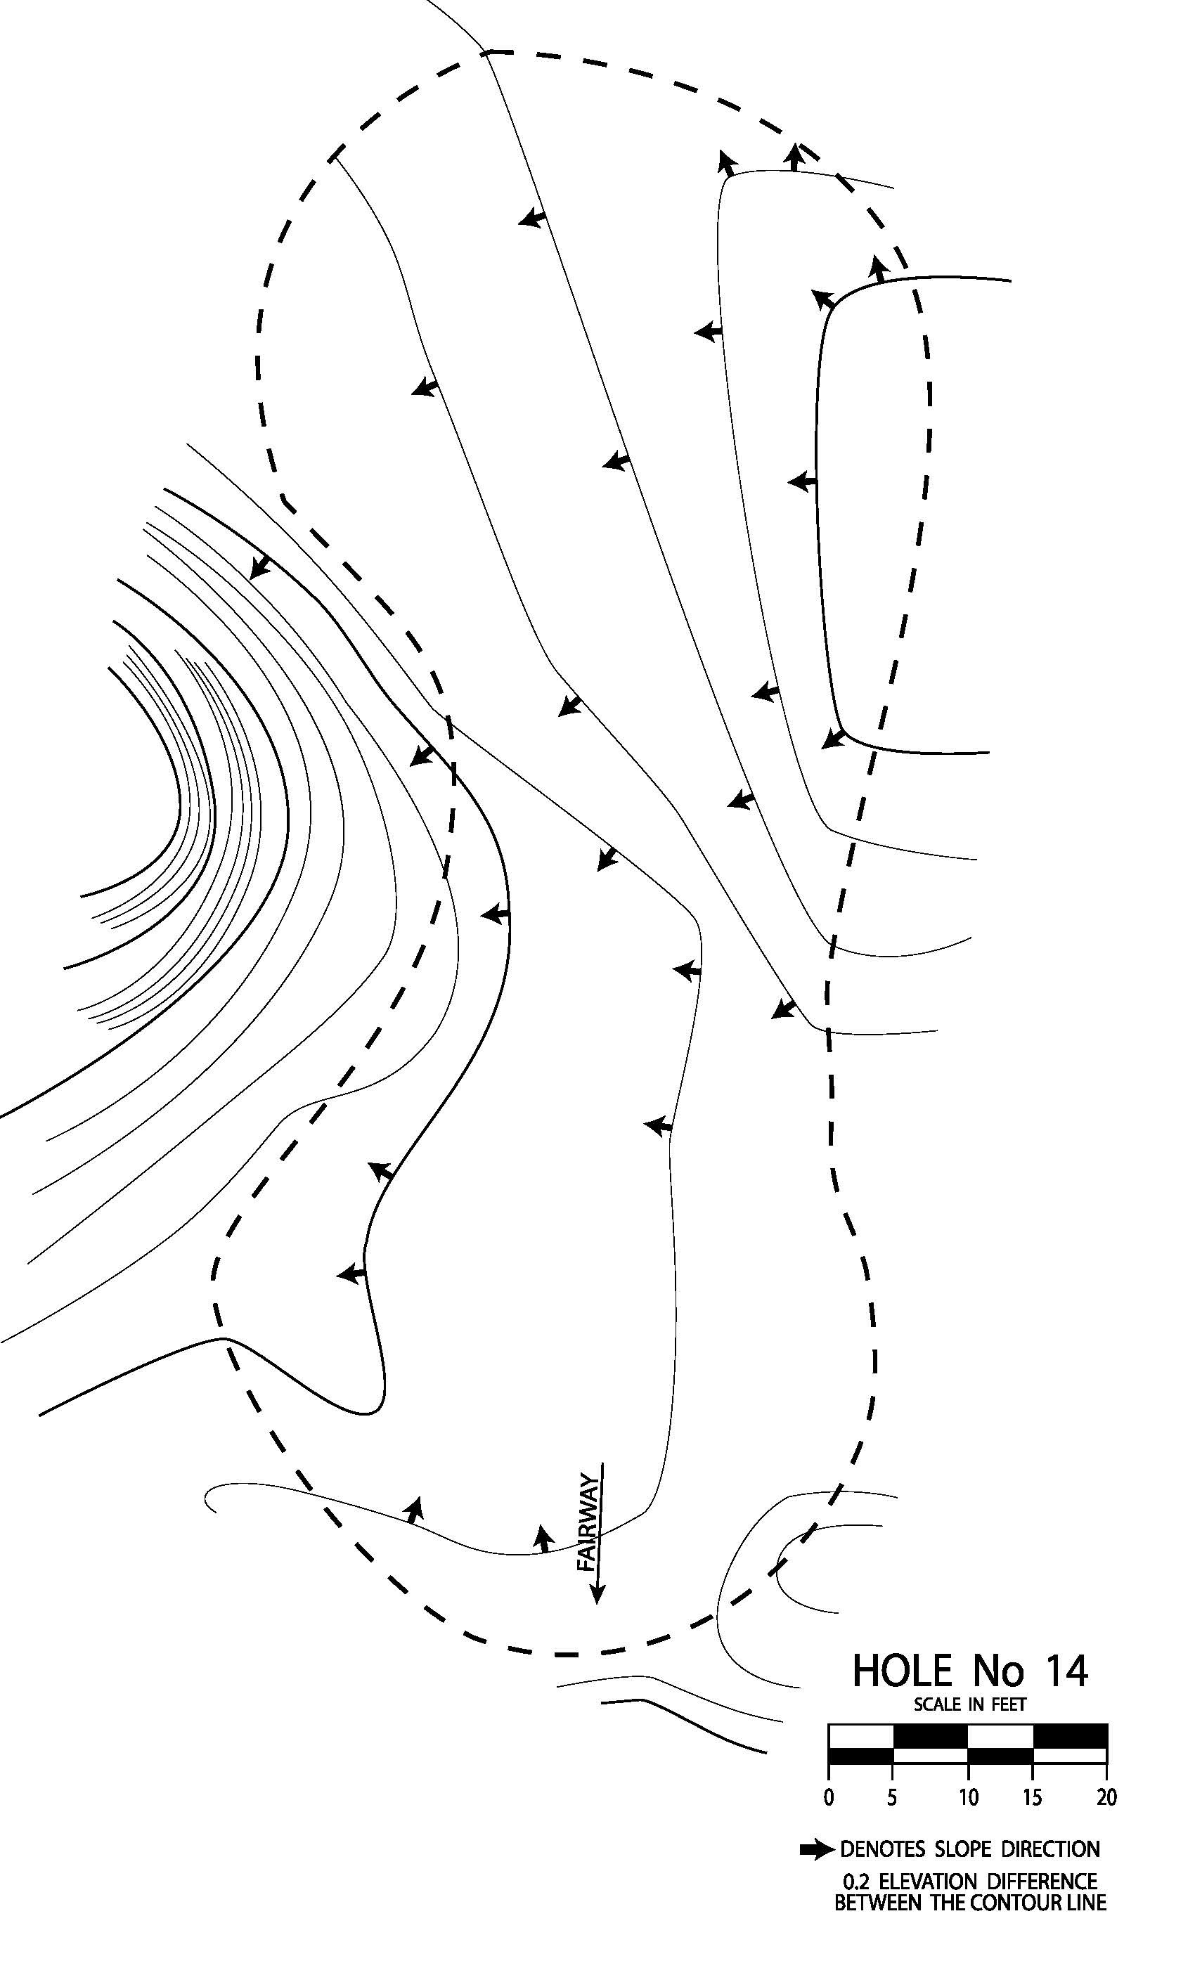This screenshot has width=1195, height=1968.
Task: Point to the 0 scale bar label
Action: point(828,1797)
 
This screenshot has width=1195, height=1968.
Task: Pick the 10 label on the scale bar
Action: point(968,1797)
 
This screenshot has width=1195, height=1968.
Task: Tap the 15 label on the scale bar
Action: point(1033,1797)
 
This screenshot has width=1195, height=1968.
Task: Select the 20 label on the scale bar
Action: point(1106,1797)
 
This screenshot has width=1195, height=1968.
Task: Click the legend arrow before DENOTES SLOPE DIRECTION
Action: point(816,1849)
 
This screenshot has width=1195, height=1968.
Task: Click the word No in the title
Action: point(997,1671)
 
